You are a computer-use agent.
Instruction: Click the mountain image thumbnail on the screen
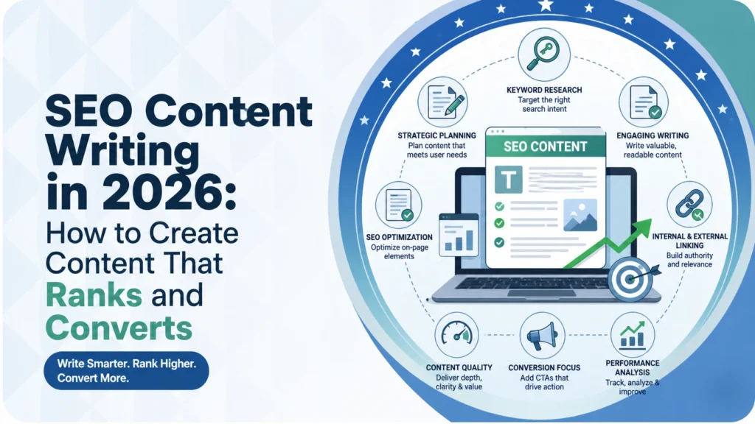click(579, 215)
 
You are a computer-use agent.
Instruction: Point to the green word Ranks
click(92, 294)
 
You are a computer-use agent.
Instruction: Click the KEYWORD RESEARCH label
click(545, 91)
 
